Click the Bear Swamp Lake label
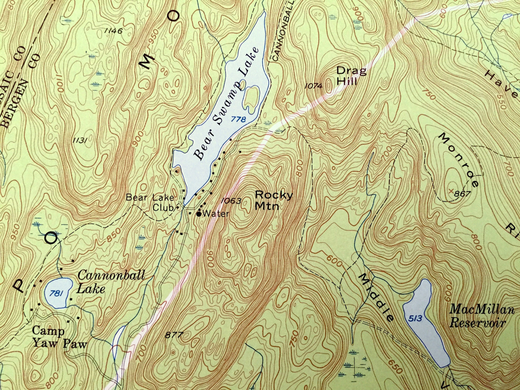(226, 104)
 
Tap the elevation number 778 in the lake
(238, 119)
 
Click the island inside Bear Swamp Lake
(251, 98)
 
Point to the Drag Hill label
(351, 76)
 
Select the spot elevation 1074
(313, 86)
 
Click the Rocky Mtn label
(273, 200)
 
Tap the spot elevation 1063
(231, 201)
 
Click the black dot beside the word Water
(198, 214)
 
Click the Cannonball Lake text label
(111, 282)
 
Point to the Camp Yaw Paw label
(59, 337)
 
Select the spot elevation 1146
(113, 31)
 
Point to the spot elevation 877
(174, 335)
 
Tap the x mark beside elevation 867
(451, 189)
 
